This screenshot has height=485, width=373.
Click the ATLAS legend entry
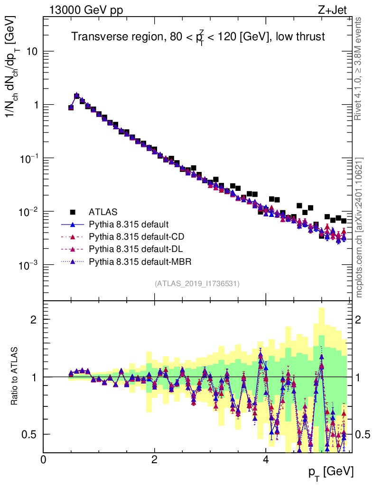(103, 212)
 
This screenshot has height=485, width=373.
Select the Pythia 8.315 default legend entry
(129, 224)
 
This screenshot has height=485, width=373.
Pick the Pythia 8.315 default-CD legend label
(136, 236)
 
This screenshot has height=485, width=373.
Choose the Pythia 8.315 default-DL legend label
(135, 249)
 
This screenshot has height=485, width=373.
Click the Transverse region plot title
(198, 36)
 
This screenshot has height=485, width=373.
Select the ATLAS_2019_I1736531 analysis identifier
(197, 284)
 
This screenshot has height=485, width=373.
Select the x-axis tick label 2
(154, 460)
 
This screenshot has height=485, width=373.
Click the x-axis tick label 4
(265, 460)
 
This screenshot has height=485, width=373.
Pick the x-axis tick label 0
(43, 460)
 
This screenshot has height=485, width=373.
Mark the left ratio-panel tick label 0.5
(29, 434)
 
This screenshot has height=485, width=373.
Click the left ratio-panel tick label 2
(34, 319)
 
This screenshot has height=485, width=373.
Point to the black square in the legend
(73, 212)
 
